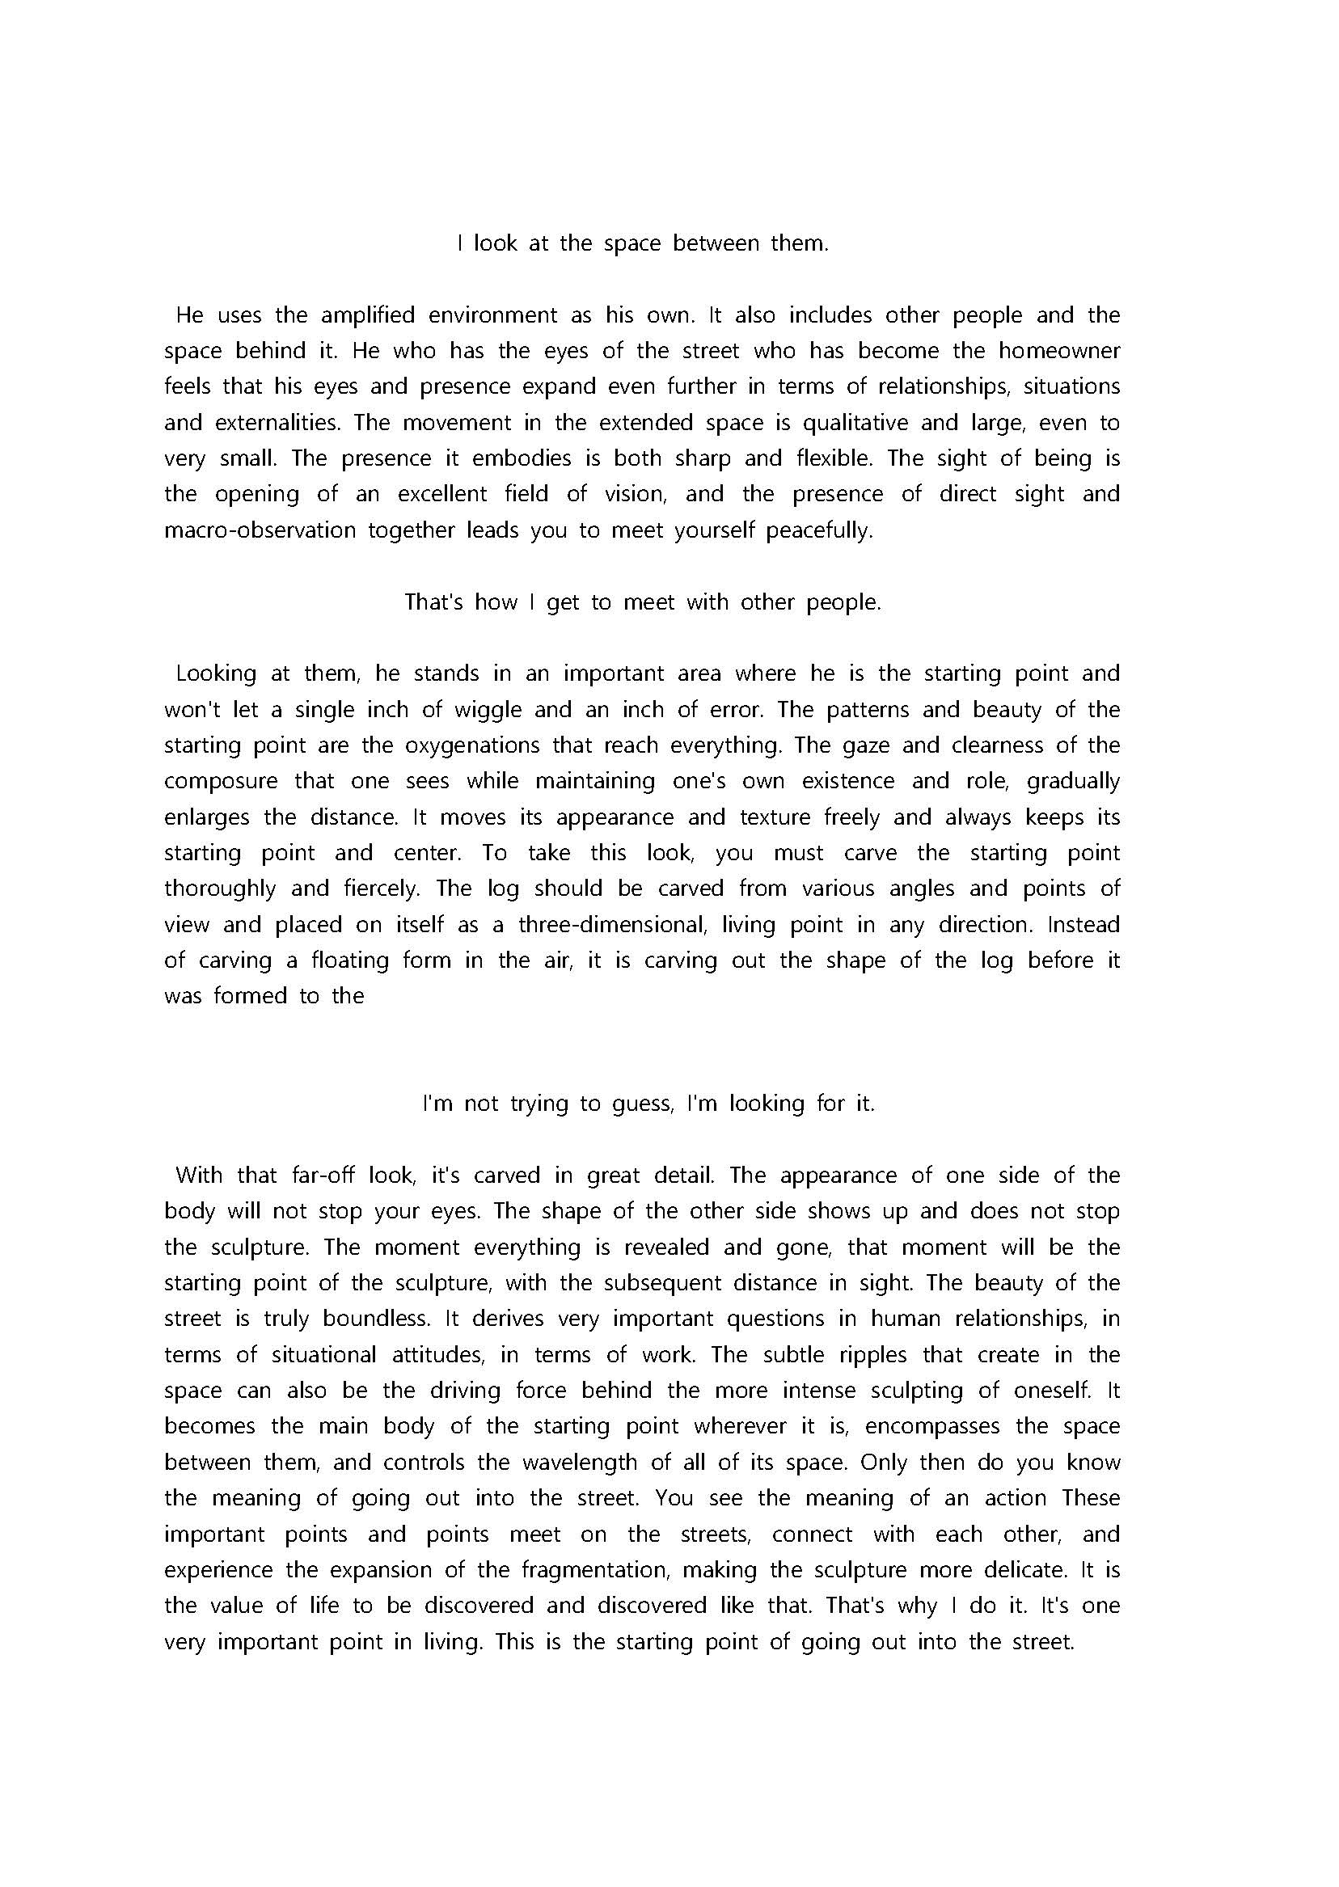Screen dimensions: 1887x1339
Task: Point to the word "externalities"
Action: click(277, 423)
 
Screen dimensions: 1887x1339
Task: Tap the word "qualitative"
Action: click(855, 423)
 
